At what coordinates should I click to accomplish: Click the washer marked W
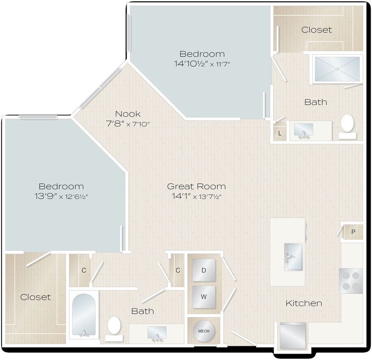pyautogui.click(x=204, y=297)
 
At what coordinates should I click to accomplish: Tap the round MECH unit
pyautogui.click(x=204, y=331)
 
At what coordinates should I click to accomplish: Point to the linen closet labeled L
pyautogui.click(x=280, y=133)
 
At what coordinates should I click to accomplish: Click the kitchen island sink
pyautogui.click(x=293, y=257)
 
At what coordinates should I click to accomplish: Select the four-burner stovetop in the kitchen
pyautogui.click(x=351, y=281)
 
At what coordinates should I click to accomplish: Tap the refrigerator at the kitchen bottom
pyautogui.click(x=293, y=335)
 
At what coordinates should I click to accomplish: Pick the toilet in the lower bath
pyautogui.click(x=114, y=327)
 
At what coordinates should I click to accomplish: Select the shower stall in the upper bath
pyautogui.click(x=337, y=68)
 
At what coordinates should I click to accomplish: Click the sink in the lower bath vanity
pyautogui.click(x=157, y=334)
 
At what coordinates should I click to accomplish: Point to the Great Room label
pyautogui.click(x=196, y=186)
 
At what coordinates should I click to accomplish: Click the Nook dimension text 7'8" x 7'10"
pyautogui.click(x=128, y=124)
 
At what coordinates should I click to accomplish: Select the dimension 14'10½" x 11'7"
pyautogui.click(x=202, y=64)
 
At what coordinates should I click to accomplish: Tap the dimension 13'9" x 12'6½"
pyautogui.click(x=61, y=197)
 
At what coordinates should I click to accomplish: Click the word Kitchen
pyautogui.click(x=303, y=303)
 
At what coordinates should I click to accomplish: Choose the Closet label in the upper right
pyautogui.click(x=317, y=30)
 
